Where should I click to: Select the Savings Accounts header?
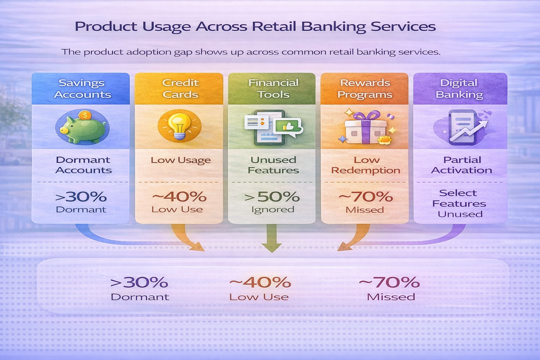82,89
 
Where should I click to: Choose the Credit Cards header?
180,89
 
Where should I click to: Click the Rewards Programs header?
365,89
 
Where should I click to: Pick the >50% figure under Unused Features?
272,197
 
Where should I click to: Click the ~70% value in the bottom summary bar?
390,282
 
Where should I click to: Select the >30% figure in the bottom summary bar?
139,282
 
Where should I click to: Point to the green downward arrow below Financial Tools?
271,239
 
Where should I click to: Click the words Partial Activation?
462,165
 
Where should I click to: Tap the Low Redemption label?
366,165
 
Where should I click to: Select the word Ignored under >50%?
272,210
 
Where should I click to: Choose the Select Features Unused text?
459,203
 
